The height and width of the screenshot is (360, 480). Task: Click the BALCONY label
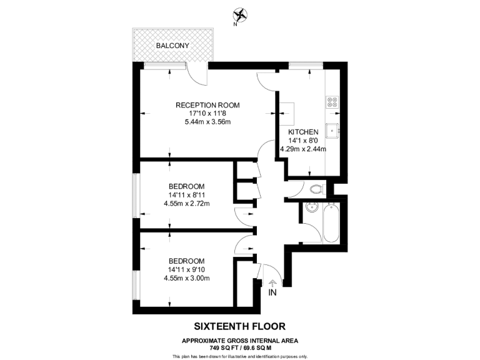pos(173,46)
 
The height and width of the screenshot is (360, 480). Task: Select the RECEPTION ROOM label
pos(207,105)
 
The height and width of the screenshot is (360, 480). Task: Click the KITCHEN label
pos(304,132)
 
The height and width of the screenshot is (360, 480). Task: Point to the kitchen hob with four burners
pos(332,102)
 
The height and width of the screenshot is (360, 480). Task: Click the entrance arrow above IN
pos(272,283)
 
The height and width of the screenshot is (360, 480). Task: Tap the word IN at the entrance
pos(272,292)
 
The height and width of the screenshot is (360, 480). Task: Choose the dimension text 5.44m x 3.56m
pos(207,122)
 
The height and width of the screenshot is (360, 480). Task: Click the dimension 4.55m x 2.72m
pos(187,203)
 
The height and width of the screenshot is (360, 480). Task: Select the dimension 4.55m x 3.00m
pos(187,278)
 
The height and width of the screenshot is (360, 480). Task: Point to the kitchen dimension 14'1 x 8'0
pos(304,141)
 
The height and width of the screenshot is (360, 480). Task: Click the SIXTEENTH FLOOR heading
pos(240,326)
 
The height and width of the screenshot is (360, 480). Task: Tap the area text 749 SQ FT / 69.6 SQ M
pos(240,347)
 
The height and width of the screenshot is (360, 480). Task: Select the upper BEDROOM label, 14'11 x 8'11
pos(187,186)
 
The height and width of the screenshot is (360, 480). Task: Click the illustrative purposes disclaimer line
pos(240,356)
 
